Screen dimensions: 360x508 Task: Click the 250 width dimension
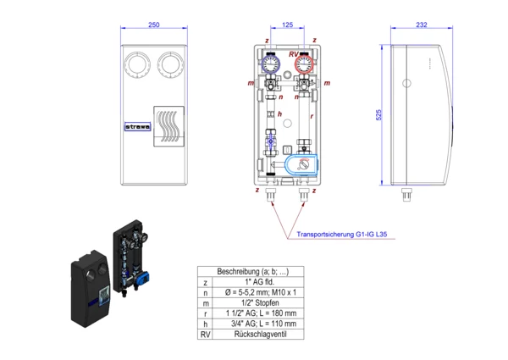point(154,25)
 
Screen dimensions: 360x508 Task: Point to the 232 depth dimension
point(421,25)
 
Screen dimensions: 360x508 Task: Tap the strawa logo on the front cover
point(138,130)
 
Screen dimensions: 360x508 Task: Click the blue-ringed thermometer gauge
point(270,63)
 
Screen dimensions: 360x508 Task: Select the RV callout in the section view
point(293,54)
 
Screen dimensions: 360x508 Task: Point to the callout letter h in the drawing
point(280,113)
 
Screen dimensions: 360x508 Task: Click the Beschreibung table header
point(253,272)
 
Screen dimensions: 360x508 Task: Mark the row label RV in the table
point(203,335)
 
